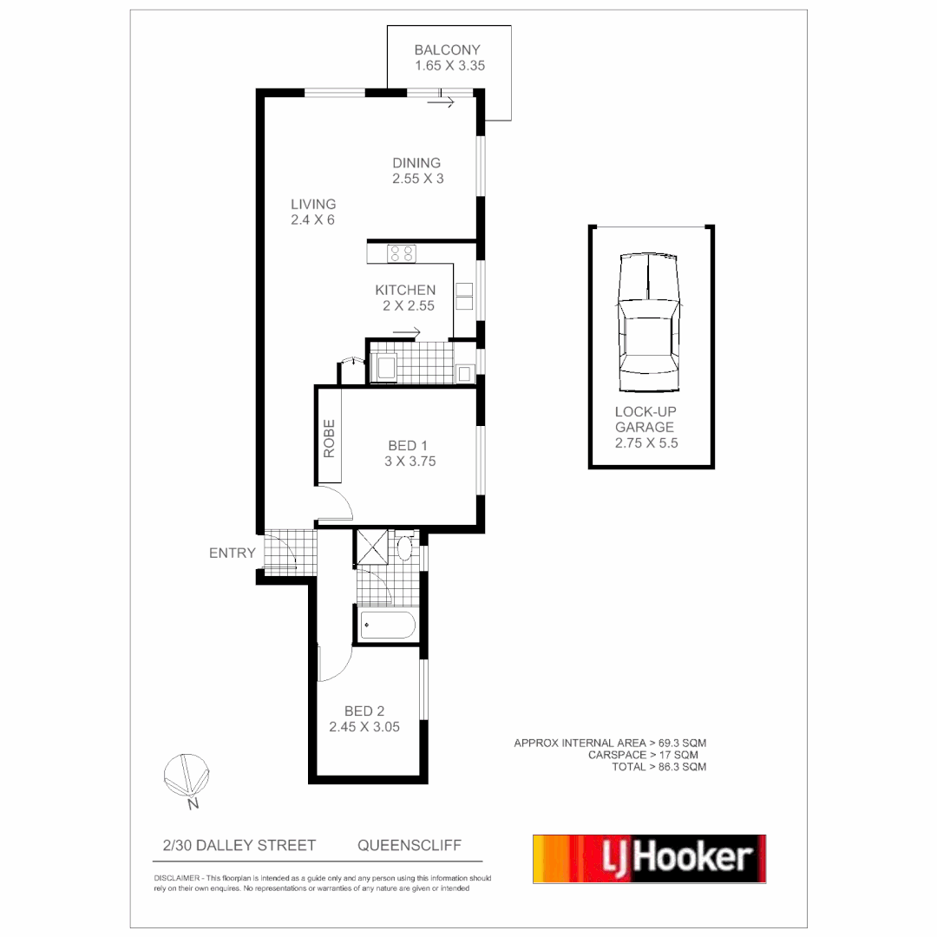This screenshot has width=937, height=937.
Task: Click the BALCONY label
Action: (447, 50)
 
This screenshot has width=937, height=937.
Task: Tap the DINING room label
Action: (416, 163)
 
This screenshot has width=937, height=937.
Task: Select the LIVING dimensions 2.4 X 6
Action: (313, 220)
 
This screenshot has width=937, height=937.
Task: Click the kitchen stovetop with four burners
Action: (401, 253)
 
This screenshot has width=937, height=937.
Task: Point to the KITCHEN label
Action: (405, 290)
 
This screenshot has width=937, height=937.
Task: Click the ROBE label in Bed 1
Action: (329, 439)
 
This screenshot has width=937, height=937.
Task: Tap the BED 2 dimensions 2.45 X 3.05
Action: (364, 728)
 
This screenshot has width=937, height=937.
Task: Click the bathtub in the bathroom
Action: (388, 626)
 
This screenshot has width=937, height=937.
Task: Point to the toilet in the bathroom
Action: (405, 548)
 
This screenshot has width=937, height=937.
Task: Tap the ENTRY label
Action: (233, 553)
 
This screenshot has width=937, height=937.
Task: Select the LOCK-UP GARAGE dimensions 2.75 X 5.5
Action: (645, 442)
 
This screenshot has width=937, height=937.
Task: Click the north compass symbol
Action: (187, 775)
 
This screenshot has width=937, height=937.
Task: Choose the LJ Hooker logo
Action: (649, 859)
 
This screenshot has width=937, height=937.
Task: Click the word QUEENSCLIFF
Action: (410, 845)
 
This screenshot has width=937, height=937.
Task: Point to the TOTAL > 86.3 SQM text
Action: (659, 767)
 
